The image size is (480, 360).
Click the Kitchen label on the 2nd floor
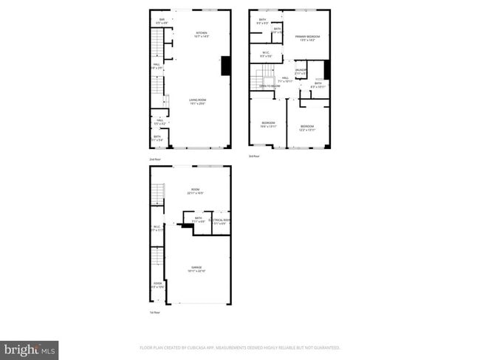coord(201,34)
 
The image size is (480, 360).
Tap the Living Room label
coord(196,102)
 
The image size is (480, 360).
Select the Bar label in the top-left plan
coord(162,20)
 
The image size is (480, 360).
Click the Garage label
coord(197,269)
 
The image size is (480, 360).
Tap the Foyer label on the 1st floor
coord(157,285)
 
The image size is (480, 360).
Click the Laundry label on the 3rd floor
coord(301,72)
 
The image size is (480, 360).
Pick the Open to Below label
coord(270,86)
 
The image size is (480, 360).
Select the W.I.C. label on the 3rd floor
coord(267,54)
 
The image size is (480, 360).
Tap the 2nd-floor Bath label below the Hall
coord(157,137)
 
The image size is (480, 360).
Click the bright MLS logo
coord(30,349)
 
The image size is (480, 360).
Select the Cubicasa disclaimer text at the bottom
coord(240,347)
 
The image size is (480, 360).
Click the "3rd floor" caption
coord(254,156)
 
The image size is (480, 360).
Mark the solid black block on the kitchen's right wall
coord(225,66)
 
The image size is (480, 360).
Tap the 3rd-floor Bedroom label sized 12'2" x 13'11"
coord(307,128)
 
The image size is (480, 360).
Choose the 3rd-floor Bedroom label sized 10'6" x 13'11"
coord(267,124)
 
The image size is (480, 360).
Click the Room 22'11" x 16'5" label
coord(196,191)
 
